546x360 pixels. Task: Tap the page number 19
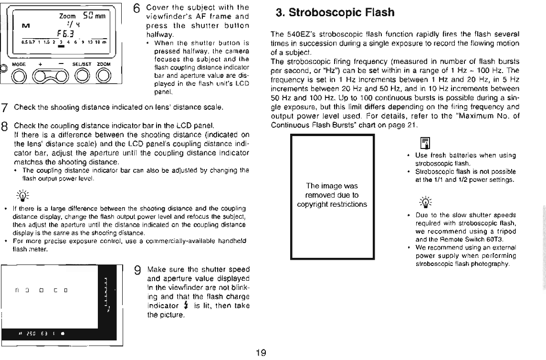click(261, 353)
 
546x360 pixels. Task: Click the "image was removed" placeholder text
click(332, 195)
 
